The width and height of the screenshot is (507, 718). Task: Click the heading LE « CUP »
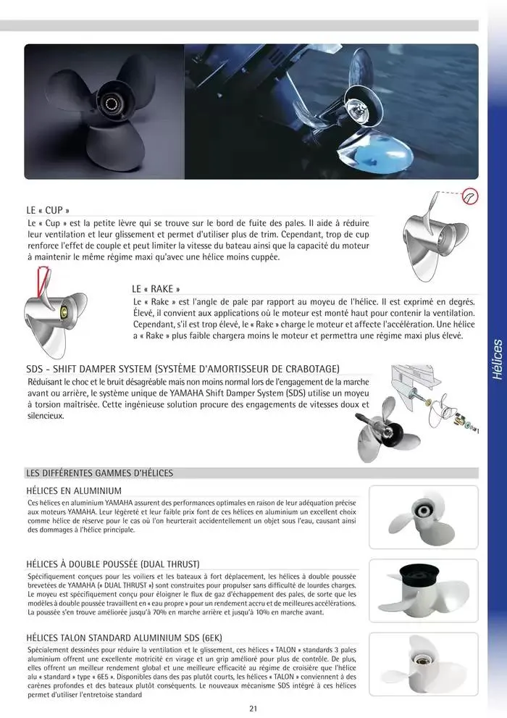click(48, 209)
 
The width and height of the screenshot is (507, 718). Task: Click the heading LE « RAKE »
click(156, 288)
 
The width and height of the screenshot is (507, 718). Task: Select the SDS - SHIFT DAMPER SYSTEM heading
click(183, 368)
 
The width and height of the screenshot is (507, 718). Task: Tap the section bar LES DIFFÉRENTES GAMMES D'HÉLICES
click(99, 473)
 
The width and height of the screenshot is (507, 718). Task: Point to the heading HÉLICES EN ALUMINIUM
click(73, 491)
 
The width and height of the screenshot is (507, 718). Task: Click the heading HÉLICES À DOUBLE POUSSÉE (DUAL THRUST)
click(112, 563)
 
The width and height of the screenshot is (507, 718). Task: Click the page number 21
click(252, 709)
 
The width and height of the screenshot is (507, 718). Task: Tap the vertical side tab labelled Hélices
click(496, 359)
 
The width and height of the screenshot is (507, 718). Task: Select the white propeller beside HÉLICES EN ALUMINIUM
click(423, 516)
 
